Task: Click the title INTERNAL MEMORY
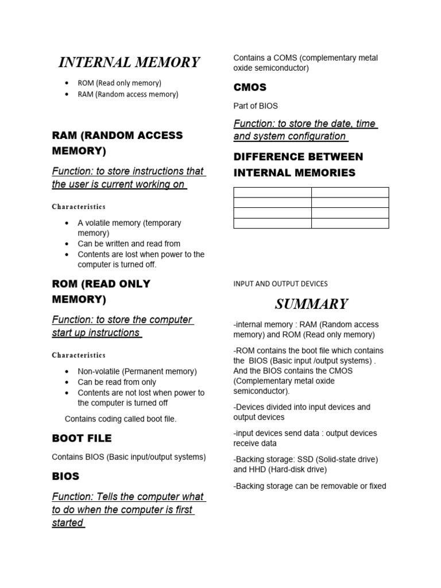point(129,62)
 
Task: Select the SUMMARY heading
point(311,304)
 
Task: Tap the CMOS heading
point(250,87)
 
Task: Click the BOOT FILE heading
point(82,438)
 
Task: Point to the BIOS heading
point(65,476)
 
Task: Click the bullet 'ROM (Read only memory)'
point(119,83)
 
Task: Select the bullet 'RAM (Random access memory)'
point(127,94)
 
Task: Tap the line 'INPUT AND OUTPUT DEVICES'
point(280,284)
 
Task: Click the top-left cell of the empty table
point(272,192)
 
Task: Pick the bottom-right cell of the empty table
point(350,223)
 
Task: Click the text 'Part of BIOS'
point(256,106)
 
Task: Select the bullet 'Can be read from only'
point(117,382)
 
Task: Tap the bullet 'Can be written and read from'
point(129,243)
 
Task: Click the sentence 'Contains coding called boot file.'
point(121,419)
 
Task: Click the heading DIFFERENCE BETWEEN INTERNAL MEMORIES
point(298,165)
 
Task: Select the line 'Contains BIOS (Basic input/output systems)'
point(129,457)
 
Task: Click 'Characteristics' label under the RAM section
point(79,206)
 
